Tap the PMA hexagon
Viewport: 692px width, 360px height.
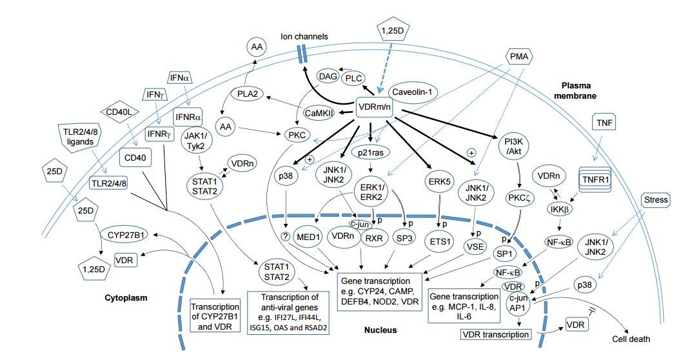520,57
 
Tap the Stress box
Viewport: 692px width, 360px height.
657,200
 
